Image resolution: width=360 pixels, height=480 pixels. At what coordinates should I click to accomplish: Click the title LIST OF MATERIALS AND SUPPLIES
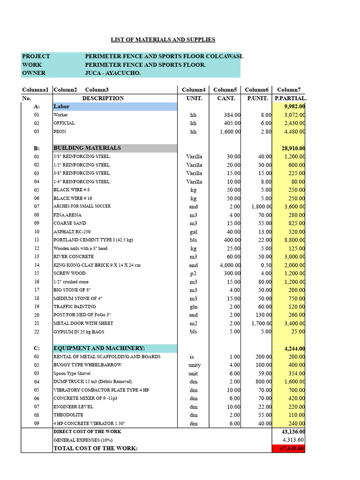coord(163,40)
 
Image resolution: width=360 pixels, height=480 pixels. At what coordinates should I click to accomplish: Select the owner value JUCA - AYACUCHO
coord(112,73)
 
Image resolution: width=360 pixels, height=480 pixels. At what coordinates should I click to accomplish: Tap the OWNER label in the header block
coord(34,73)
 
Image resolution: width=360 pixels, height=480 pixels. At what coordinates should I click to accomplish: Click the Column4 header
coord(194,90)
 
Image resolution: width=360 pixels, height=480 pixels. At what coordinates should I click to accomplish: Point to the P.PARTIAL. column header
coord(290,98)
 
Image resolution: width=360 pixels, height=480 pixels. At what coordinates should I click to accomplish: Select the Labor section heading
coord(61,106)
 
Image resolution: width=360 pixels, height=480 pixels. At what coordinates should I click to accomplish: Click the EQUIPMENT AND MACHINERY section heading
coord(99,348)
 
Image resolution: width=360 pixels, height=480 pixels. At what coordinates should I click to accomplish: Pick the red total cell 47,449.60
coord(288,449)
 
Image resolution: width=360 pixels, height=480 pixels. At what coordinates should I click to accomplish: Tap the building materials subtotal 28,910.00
coord(293,148)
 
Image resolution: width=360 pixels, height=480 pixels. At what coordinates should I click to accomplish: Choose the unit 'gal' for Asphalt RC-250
coord(194,232)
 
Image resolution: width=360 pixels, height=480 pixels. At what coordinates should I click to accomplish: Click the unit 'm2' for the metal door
coord(194,323)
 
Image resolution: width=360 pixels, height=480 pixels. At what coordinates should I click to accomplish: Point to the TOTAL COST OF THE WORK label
coord(96,449)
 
